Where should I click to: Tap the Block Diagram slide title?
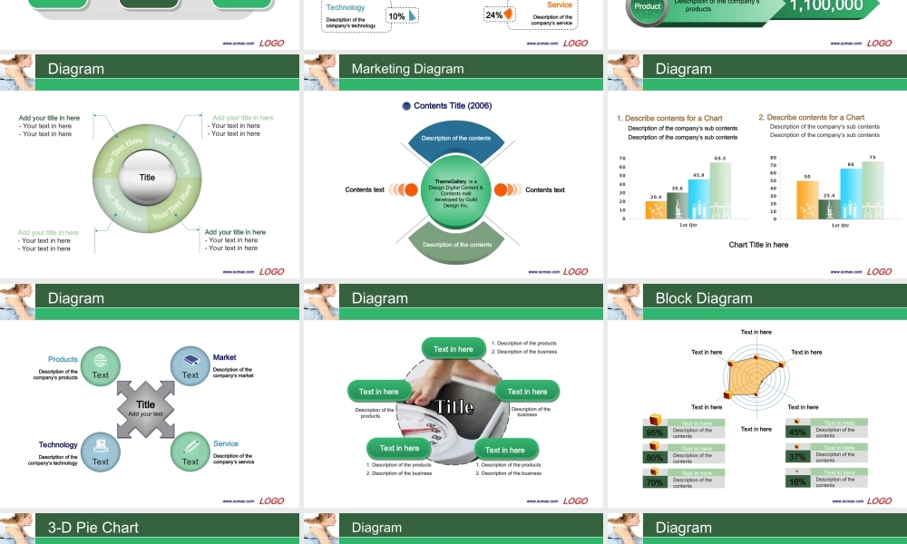pyautogui.click(x=704, y=298)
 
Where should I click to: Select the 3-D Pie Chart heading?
pyautogui.click(x=93, y=528)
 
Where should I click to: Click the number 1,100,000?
pyautogui.click(x=826, y=5)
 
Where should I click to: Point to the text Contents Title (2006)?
pyautogui.click(x=452, y=106)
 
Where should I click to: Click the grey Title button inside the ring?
pyautogui.click(x=147, y=178)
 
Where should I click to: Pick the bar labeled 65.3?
pyautogui.click(x=720, y=190)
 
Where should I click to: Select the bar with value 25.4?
pyautogui.click(x=827, y=209)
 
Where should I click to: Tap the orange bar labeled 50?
pyautogui.click(x=806, y=199)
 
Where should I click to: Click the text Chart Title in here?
pyautogui.click(x=758, y=245)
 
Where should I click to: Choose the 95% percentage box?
pyautogui.click(x=654, y=432)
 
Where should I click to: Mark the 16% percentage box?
pyautogui.click(x=797, y=481)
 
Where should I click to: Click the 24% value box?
pyautogui.click(x=495, y=15)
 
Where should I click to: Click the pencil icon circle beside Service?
pyautogui.click(x=190, y=450)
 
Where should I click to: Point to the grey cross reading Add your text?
pyautogui.click(x=145, y=409)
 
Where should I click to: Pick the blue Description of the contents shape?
pyautogui.click(x=456, y=139)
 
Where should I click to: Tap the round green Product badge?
pyautogui.click(x=648, y=7)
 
